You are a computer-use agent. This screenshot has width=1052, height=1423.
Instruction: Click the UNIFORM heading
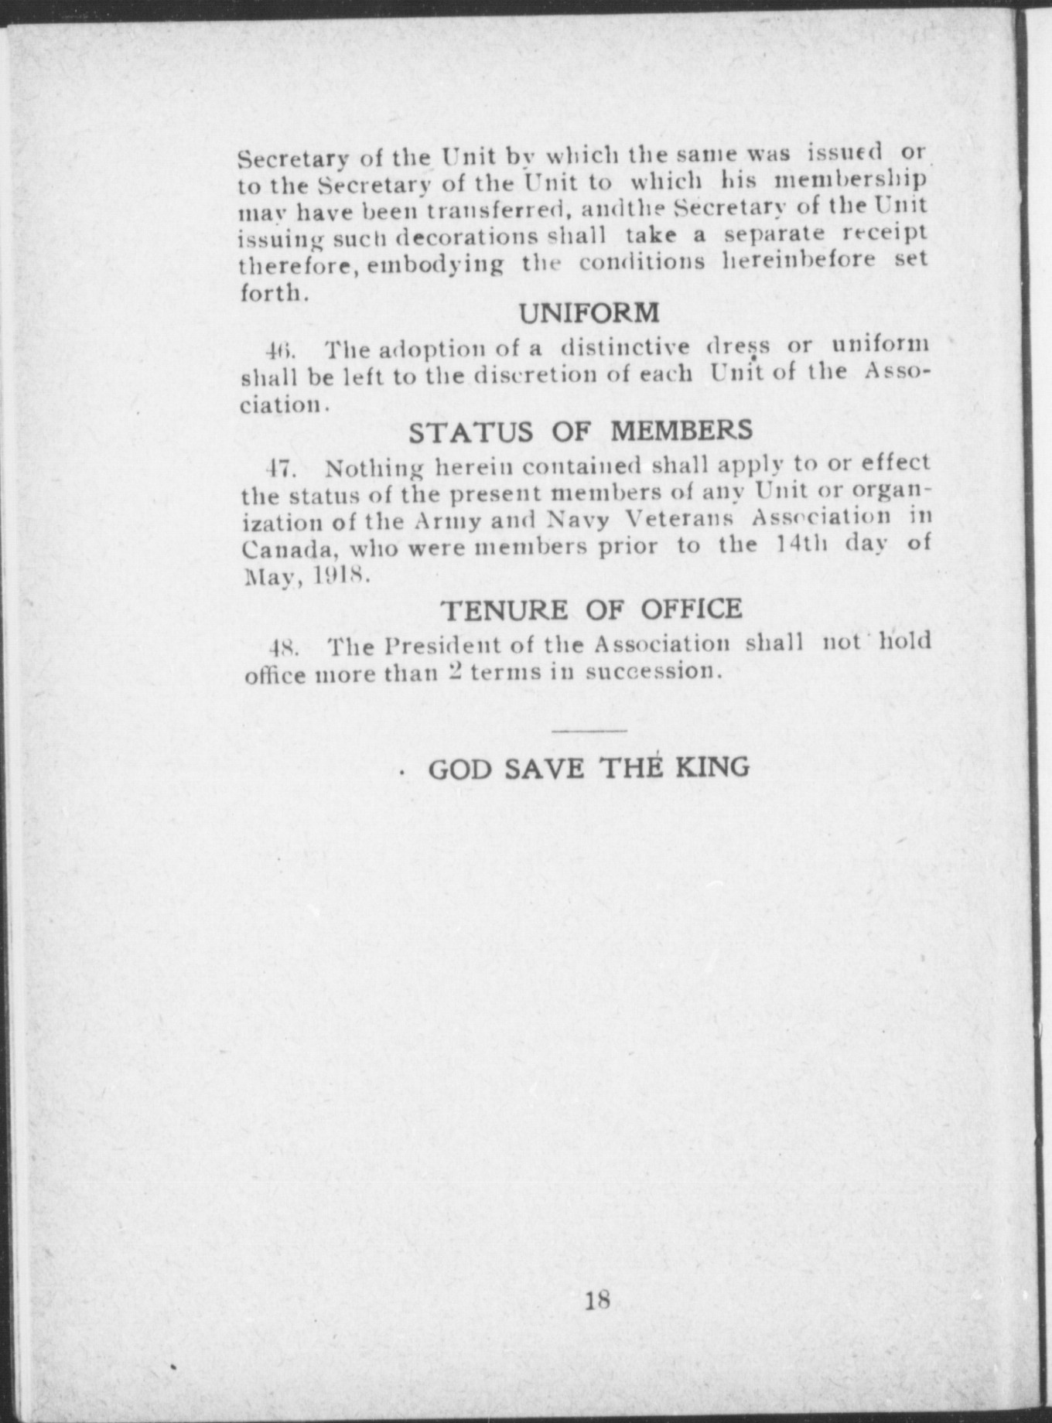pos(589,313)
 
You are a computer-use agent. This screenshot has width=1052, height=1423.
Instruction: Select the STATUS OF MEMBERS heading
pos(580,431)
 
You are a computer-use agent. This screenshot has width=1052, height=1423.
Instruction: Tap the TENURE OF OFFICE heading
pos(592,609)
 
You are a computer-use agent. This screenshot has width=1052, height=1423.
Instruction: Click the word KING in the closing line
pos(712,767)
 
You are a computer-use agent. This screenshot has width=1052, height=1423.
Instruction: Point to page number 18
pos(597,1300)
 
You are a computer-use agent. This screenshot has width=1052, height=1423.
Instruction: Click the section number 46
pos(278,350)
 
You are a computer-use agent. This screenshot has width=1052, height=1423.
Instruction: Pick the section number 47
pos(277,469)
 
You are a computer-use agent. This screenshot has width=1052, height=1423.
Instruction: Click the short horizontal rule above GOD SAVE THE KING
pos(590,731)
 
